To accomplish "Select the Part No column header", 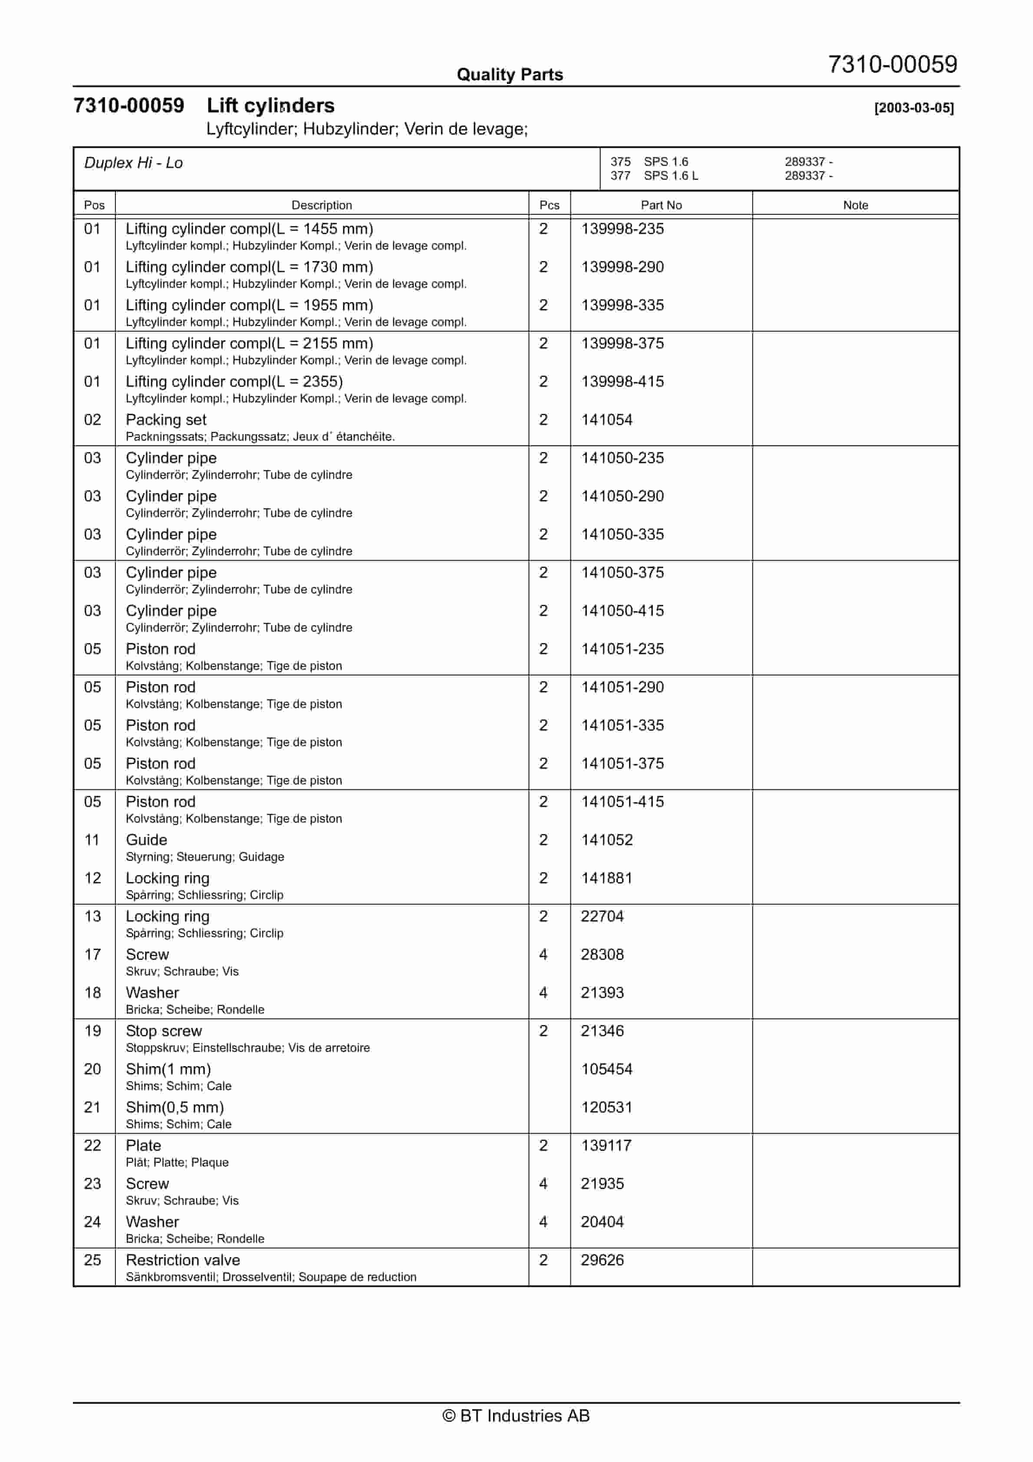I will [x=661, y=205].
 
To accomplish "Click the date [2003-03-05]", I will [x=913, y=108].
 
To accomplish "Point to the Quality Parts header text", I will [x=510, y=75].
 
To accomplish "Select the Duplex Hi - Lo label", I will [x=133, y=163].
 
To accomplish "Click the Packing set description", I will [x=166, y=420].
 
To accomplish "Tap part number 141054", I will [x=606, y=420].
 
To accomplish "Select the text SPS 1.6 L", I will [x=670, y=176].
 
